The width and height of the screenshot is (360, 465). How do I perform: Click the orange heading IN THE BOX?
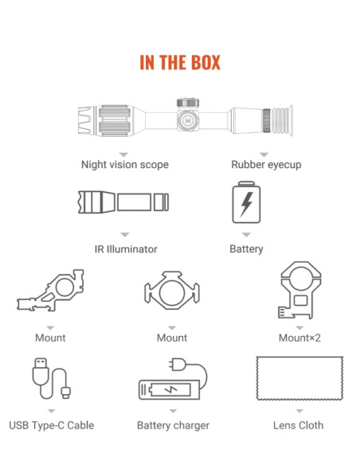pyautogui.click(x=180, y=62)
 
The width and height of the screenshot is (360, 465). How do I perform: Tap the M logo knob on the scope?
pyautogui.click(x=188, y=120)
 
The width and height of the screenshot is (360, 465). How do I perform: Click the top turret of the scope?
pyautogui.click(x=188, y=103)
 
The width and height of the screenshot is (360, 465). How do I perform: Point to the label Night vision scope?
pyautogui.click(x=125, y=165)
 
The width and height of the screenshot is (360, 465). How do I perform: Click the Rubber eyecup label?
pyautogui.click(x=266, y=165)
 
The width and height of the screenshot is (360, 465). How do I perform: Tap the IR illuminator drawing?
pyautogui.click(x=123, y=202)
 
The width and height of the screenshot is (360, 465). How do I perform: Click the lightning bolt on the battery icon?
pyautogui.click(x=246, y=204)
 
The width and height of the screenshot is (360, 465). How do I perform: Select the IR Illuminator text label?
pyautogui.click(x=126, y=249)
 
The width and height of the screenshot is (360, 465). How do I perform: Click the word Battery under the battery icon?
pyautogui.click(x=246, y=249)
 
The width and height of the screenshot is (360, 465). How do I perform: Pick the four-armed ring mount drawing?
pyautogui.click(x=172, y=291)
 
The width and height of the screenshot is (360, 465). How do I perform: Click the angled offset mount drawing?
pyautogui.click(x=50, y=291)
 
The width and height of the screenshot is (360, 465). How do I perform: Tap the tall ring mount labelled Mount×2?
pyautogui.click(x=299, y=290)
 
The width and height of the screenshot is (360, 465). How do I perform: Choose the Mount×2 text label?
pyautogui.click(x=299, y=338)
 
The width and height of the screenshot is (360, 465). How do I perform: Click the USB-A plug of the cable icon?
pyautogui.click(x=41, y=371)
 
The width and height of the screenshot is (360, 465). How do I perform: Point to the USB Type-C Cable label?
pyautogui.click(x=52, y=425)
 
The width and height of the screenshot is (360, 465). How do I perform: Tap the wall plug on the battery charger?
pyautogui.click(x=178, y=364)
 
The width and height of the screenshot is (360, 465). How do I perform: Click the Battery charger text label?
pyautogui.click(x=173, y=425)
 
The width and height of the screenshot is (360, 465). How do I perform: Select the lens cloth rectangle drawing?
pyautogui.click(x=299, y=378)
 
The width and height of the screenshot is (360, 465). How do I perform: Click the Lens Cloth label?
pyautogui.click(x=299, y=425)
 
